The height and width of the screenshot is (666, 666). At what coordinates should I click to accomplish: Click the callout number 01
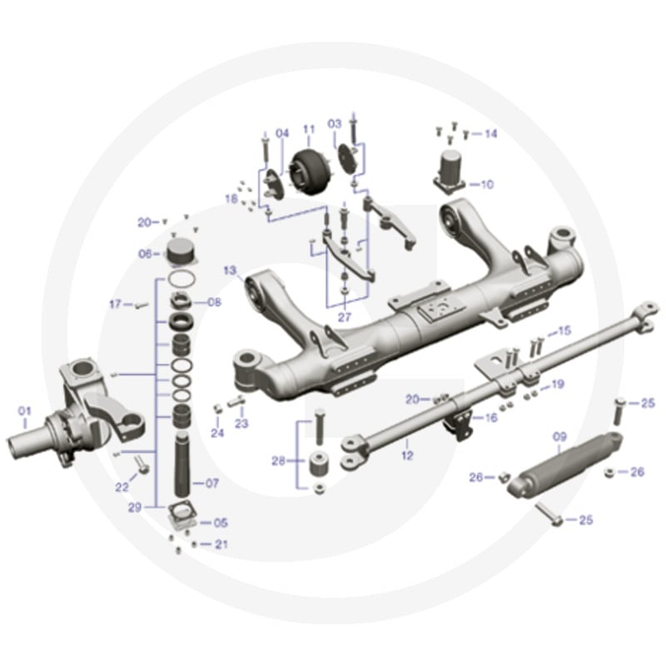coord(25,411)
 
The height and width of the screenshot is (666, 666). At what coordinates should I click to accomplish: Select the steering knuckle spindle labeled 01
coord(76,416)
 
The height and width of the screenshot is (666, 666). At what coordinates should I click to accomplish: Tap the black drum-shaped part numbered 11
coord(308,172)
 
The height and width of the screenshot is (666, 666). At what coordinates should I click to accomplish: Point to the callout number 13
coord(230,271)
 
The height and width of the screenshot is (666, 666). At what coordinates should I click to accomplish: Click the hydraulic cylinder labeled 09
coord(566,464)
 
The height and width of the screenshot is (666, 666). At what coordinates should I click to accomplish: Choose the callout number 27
coord(345,317)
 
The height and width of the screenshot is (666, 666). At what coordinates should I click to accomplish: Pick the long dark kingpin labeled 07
coord(182,465)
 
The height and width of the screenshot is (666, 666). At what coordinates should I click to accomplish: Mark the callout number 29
coord(135,507)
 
